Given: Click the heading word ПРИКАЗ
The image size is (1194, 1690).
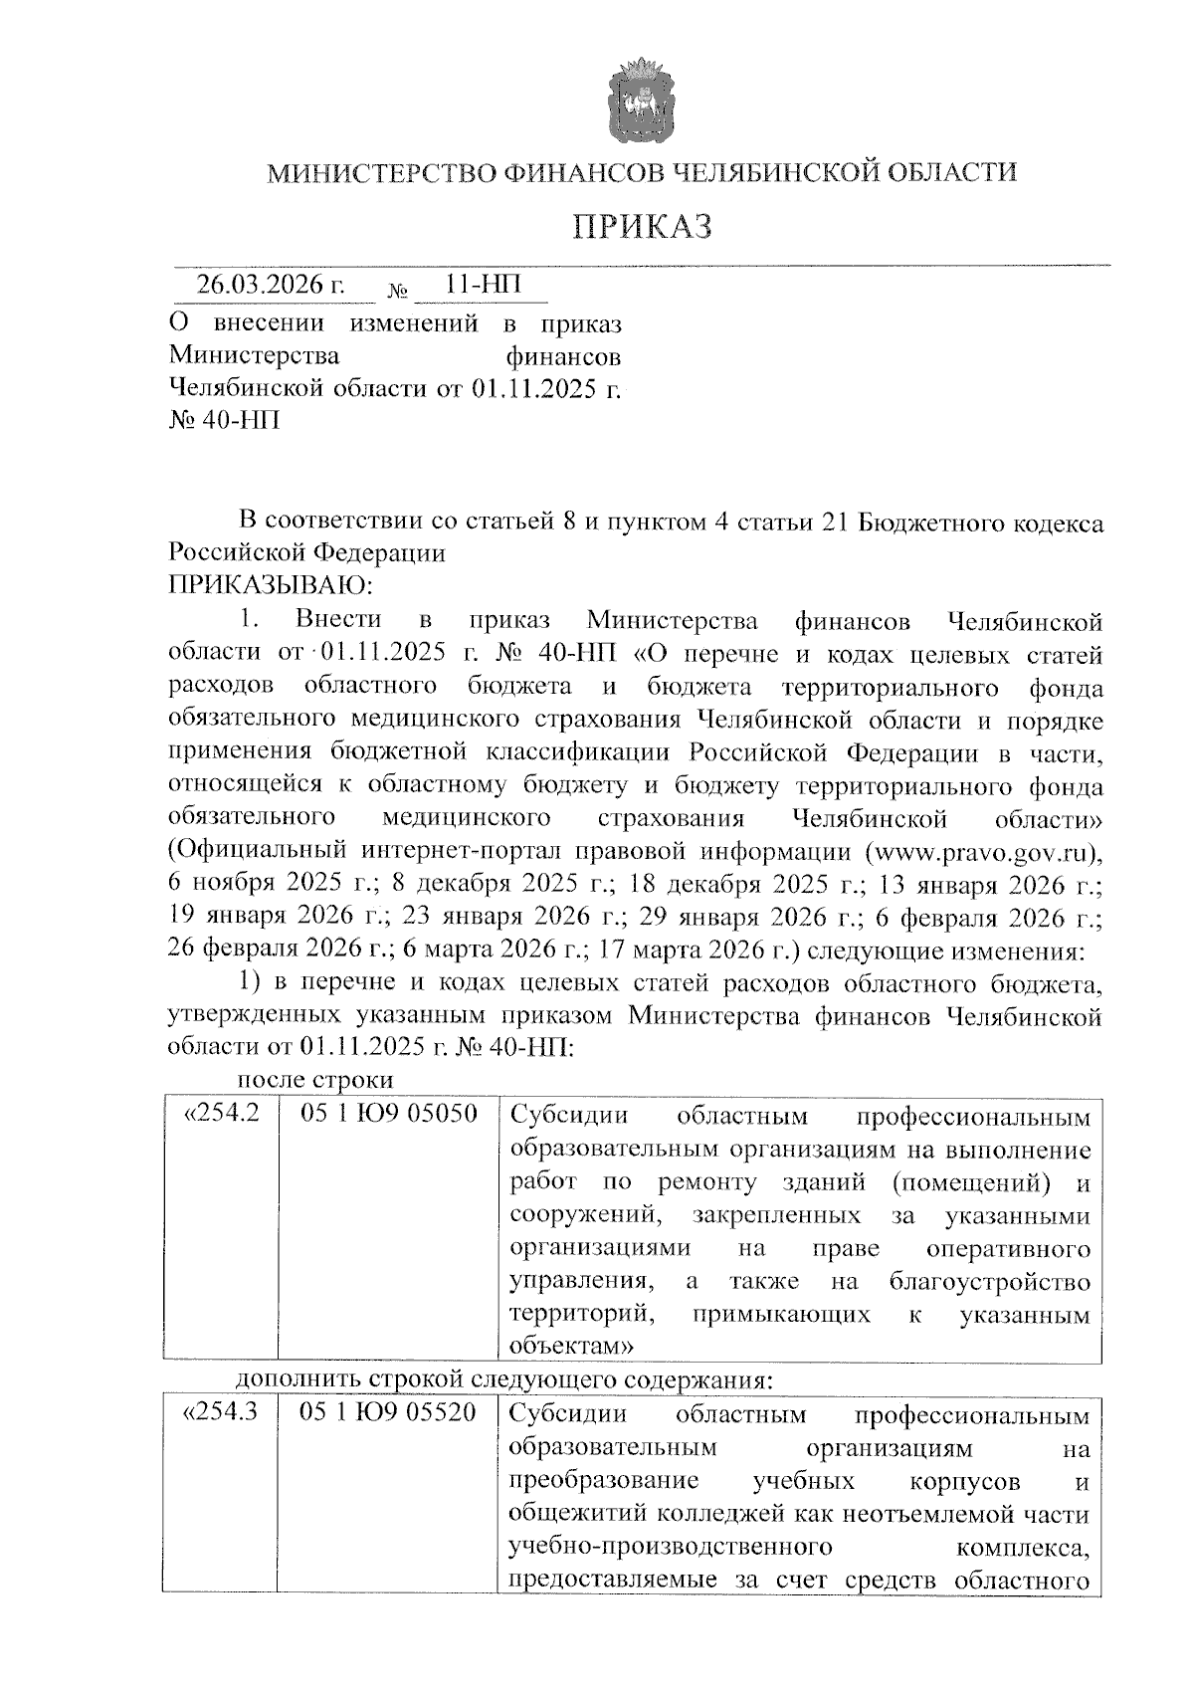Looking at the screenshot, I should pos(643,227).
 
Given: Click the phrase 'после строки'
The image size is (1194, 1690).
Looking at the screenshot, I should pos(315,1080).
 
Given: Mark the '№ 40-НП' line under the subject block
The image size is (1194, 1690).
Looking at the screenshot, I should pos(224,420).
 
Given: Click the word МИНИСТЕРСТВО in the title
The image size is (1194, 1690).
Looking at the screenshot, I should pos(380,173).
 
